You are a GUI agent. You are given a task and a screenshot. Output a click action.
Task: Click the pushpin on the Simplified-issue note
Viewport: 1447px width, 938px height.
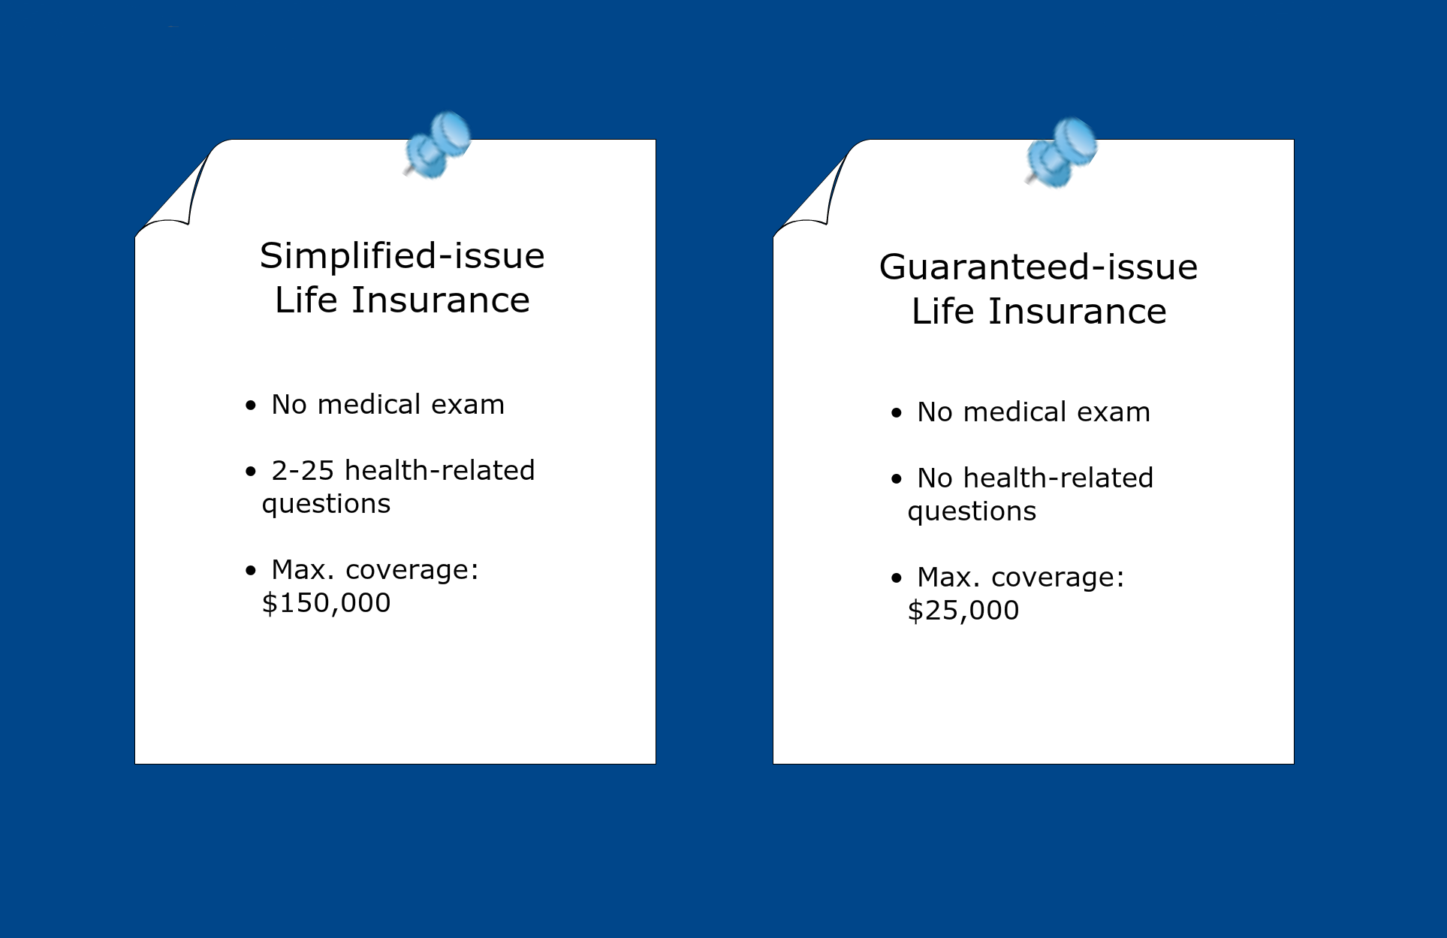pos(437,146)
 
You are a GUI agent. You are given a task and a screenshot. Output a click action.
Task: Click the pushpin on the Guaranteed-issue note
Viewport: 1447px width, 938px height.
pos(1061,152)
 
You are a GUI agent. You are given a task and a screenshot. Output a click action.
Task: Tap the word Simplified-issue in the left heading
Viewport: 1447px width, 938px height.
pos(402,256)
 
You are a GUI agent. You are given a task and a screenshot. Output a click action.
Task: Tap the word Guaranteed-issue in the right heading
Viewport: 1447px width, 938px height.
pos(1039,267)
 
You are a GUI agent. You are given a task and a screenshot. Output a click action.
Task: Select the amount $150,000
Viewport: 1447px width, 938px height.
pos(327,603)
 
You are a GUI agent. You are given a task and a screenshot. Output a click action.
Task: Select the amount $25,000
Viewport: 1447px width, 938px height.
pos(963,611)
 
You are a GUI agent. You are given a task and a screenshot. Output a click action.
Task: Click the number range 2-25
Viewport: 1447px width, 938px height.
pos(303,471)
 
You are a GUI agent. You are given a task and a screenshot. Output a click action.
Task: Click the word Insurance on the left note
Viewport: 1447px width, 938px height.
pos(441,300)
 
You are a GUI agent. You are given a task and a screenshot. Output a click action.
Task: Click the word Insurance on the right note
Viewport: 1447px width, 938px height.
pos(1078,312)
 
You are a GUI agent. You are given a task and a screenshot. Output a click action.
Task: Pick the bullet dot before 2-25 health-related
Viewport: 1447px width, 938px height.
pos(251,472)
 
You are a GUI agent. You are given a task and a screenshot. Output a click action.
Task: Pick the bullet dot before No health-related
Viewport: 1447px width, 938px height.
pos(897,479)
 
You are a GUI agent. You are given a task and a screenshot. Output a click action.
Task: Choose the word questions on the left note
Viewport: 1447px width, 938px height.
pos(326,505)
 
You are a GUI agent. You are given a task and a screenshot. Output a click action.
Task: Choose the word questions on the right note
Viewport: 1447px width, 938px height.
pos(972,512)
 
